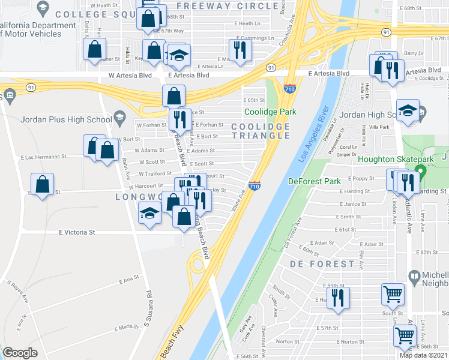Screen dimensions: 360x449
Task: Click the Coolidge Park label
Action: coord(270,112)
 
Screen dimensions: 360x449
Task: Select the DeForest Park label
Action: coord(314,181)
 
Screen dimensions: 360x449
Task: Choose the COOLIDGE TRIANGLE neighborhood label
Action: coord(261,131)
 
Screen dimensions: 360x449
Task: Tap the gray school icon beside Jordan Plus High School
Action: coord(119,117)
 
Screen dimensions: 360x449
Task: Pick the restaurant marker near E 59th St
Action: coord(338,298)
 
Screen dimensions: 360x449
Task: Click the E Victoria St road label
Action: coord(77,232)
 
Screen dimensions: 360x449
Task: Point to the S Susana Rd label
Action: coord(147,309)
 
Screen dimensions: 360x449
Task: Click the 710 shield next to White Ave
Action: coord(255,185)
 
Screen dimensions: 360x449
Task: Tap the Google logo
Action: coord(20,353)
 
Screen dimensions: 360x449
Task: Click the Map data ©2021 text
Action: coord(423,355)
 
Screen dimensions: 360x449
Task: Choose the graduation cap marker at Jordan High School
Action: coord(408,110)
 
